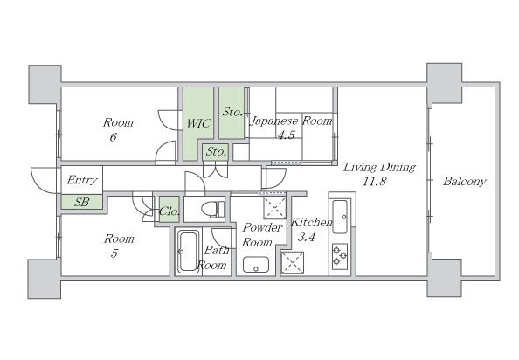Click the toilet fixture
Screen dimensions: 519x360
(213, 209)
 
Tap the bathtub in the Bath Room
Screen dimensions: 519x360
(188, 252)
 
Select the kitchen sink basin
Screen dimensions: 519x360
(340, 217)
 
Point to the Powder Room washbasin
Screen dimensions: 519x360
(256, 265)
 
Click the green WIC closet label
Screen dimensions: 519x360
(198, 123)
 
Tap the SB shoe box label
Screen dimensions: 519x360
(81, 202)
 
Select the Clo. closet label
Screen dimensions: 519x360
(170, 211)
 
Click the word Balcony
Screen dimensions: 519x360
(464, 182)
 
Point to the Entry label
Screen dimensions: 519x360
(82, 180)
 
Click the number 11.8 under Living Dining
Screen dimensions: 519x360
(374, 182)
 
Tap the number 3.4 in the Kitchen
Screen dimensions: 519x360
(307, 237)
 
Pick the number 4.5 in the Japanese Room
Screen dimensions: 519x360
(286, 135)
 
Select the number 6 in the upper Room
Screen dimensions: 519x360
(114, 136)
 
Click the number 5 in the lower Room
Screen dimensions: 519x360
(114, 253)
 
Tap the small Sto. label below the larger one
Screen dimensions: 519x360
(216, 152)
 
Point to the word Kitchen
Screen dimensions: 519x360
(311, 222)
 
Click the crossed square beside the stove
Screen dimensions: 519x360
(293, 263)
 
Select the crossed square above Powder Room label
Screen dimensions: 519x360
(274, 208)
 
